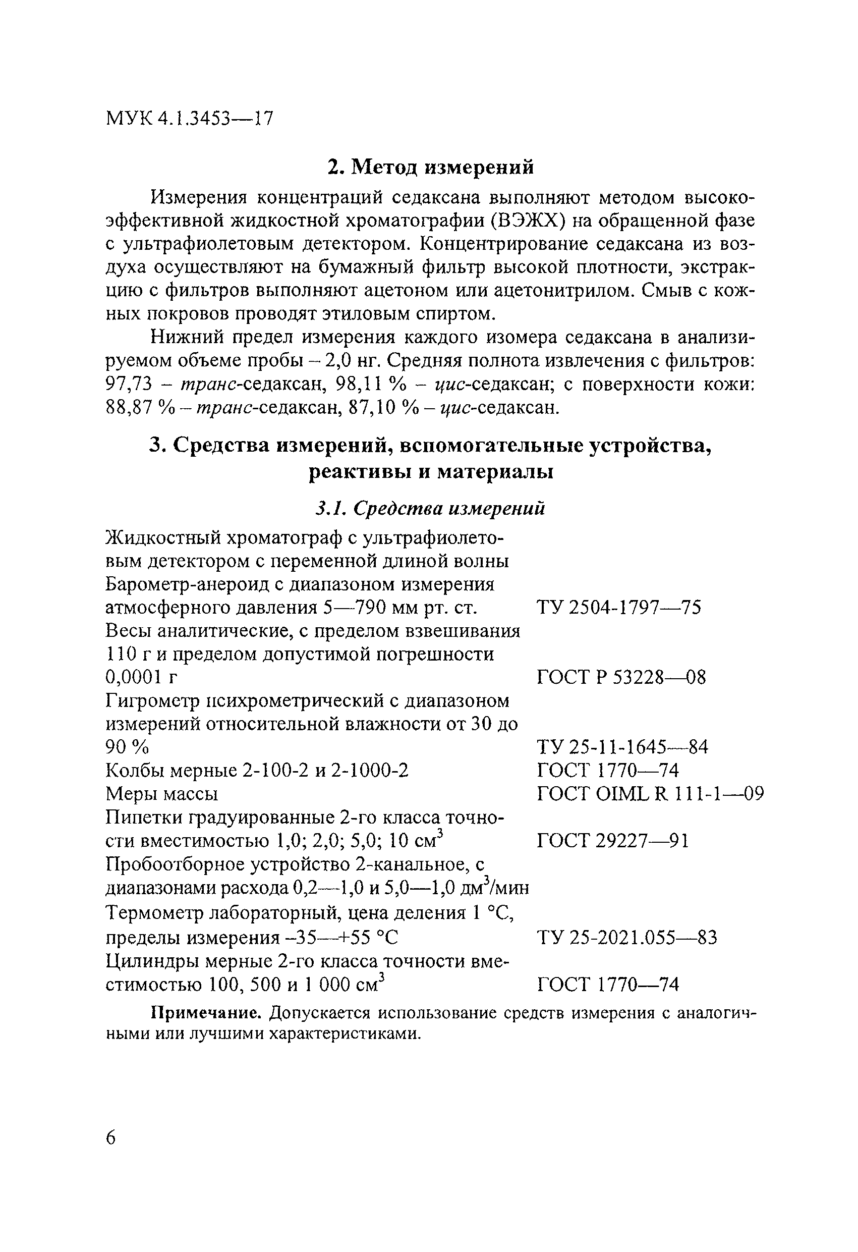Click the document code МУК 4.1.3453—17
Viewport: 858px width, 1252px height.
[190, 118]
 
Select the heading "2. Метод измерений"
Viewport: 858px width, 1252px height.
[431, 168]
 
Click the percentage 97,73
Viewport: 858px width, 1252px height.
[130, 384]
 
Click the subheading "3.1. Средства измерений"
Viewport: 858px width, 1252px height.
[430, 508]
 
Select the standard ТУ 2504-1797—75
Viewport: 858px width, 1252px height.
[619, 608]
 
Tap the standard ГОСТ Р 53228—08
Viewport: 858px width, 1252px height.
[621, 677]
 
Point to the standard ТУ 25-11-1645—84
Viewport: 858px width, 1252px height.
[622, 747]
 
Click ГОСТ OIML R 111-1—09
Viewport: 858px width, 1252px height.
[650, 794]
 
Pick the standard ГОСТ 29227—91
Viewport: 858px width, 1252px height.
[613, 840]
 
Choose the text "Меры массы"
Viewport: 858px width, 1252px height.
[161, 794]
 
